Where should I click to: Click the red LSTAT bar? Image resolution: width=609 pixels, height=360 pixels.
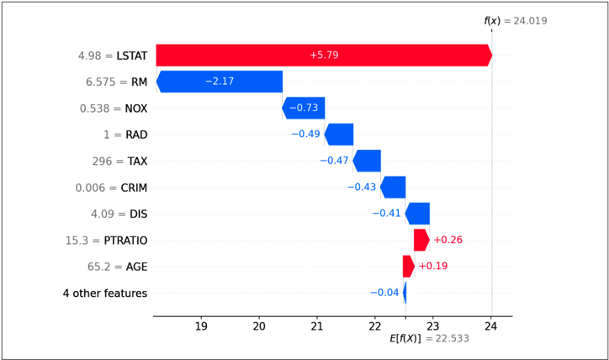324,56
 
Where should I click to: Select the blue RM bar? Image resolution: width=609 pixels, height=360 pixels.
220,82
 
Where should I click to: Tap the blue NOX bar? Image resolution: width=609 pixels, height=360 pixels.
304,108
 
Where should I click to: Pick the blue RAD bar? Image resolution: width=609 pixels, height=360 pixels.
339,135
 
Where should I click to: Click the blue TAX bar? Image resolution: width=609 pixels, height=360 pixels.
367,161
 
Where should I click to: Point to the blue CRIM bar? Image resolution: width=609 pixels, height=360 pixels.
393,188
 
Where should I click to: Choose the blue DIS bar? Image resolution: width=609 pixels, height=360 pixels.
417,214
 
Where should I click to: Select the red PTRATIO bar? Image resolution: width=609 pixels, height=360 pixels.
421,240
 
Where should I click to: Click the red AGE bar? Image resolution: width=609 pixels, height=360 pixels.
409,267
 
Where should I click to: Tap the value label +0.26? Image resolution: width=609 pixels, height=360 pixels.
447,240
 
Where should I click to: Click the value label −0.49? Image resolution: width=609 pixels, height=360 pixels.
305,134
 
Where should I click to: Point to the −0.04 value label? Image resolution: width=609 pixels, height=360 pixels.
384,293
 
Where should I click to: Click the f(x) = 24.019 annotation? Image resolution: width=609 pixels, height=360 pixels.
516,20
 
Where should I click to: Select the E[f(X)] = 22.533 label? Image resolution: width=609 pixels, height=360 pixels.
429,339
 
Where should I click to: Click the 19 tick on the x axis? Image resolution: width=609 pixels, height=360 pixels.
201,326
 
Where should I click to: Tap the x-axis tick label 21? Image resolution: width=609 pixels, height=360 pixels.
316,326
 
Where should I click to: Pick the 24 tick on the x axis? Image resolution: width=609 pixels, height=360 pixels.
490,326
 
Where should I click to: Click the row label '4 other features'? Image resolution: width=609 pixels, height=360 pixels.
105,294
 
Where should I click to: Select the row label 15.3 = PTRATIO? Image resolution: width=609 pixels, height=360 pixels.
107,241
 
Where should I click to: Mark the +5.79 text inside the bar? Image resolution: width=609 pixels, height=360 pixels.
324,56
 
